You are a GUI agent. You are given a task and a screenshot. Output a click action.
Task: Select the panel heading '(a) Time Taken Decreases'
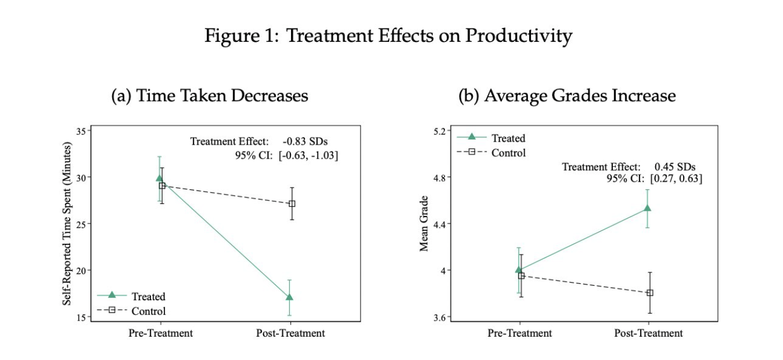pos(209,96)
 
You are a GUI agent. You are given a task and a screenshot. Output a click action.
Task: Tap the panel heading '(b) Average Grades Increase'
pos(567,96)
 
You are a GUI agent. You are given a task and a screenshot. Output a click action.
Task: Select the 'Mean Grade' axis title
pos(425,224)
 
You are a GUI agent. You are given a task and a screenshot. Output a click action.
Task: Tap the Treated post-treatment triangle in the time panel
pos(289,297)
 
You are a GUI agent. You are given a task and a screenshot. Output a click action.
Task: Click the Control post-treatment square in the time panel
pos(292,204)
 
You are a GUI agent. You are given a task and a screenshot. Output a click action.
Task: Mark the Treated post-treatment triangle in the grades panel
pos(646,208)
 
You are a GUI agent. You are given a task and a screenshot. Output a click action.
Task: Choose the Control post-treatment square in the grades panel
pos(649,293)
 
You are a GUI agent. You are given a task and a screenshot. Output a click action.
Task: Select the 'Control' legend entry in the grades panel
pos(508,153)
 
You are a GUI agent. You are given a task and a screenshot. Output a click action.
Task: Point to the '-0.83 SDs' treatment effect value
pos(306,141)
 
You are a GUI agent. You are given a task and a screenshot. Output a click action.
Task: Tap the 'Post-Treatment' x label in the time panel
pos(290,333)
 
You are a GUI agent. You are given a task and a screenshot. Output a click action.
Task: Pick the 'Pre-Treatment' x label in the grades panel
pos(520,333)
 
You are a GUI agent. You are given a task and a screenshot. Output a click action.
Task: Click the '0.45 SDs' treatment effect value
pos(675,167)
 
